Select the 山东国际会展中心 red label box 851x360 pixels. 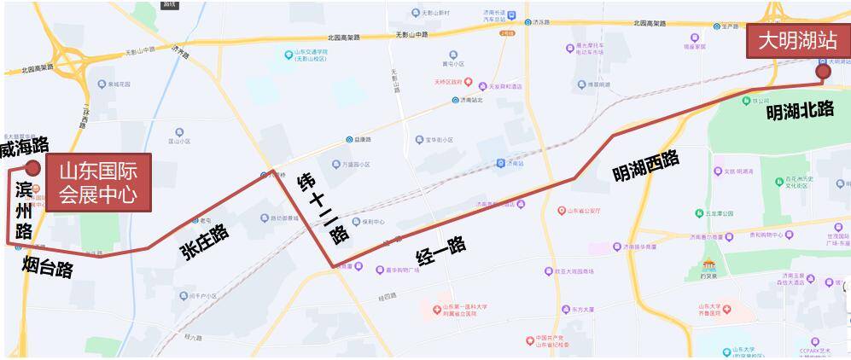pyautogui.click(x=98, y=183)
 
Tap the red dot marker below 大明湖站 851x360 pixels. pyautogui.click(x=823, y=73)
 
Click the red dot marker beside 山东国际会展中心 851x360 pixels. pyautogui.click(x=32, y=168)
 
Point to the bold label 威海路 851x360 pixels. pyautogui.click(x=24, y=149)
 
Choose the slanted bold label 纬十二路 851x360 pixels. pyautogui.click(x=323, y=208)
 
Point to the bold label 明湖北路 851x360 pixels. pyautogui.click(x=799, y=110)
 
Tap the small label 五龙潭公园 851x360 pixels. pyautogui.click(x=719, y=213)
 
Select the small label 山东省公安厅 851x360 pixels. pyautogui.click(x=586, y=210)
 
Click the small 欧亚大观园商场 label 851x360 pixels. pyautogui.click(x=573, y=271)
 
